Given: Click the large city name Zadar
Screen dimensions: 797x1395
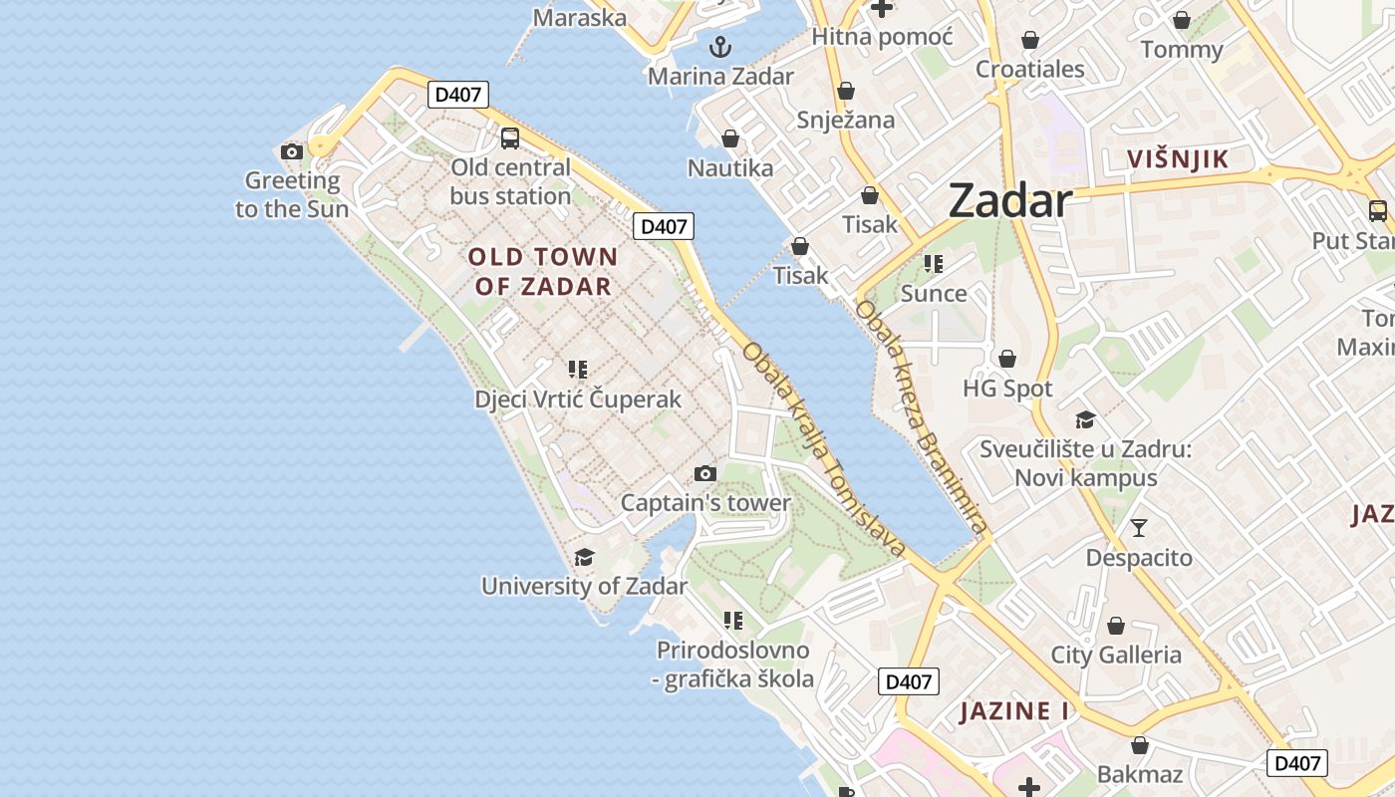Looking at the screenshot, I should point(1009,200).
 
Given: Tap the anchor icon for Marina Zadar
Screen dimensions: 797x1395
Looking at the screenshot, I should point(719,47).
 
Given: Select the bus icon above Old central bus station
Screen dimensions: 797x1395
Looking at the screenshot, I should point(510,138).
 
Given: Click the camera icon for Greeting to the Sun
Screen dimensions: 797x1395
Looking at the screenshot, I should point(292,151).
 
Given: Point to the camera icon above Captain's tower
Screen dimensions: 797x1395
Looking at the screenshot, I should point(705,473).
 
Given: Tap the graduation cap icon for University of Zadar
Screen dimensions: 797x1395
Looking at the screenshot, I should point(585,557).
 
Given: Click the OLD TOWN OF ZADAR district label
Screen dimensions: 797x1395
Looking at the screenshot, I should point(543,272).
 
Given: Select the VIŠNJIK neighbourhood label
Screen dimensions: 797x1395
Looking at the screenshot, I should point(1178,158).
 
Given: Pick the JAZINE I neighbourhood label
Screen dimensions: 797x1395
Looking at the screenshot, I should point(1013,711).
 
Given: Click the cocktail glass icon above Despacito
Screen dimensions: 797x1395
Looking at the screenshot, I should point(1139,527).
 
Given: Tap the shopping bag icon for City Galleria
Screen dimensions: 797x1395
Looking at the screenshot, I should point(1116,626).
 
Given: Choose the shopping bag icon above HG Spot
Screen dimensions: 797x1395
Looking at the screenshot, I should point(1007,359).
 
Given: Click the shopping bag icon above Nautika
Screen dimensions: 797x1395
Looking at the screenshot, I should point(730,138).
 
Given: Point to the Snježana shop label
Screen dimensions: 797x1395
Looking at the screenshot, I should point(846,121).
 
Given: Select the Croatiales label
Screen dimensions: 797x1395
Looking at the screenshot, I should point(1029,69).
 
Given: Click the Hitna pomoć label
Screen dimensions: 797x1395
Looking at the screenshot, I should point(882,37).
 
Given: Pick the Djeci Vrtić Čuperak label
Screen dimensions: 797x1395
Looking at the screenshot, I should point(578,399).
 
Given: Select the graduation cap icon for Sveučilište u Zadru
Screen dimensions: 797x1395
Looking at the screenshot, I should point(1085,420).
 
